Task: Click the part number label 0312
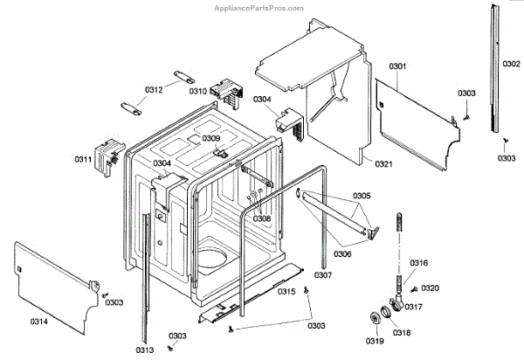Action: click(x=155, y=91)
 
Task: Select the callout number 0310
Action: click(x=198, y=91)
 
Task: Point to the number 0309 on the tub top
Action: click(x=212, y=138)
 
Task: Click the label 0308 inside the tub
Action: click(x=261, y=218)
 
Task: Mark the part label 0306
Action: click(x=343, y=253)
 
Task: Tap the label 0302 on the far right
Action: click(x=512, y=64)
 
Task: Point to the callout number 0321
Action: click(x=385, y=164)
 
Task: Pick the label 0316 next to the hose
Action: click(x=419, y=263)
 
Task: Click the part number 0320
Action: click(x=431, y=288)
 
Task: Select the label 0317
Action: click(x=414, y=306)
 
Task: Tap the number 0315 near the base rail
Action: click(x=287, y=290)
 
